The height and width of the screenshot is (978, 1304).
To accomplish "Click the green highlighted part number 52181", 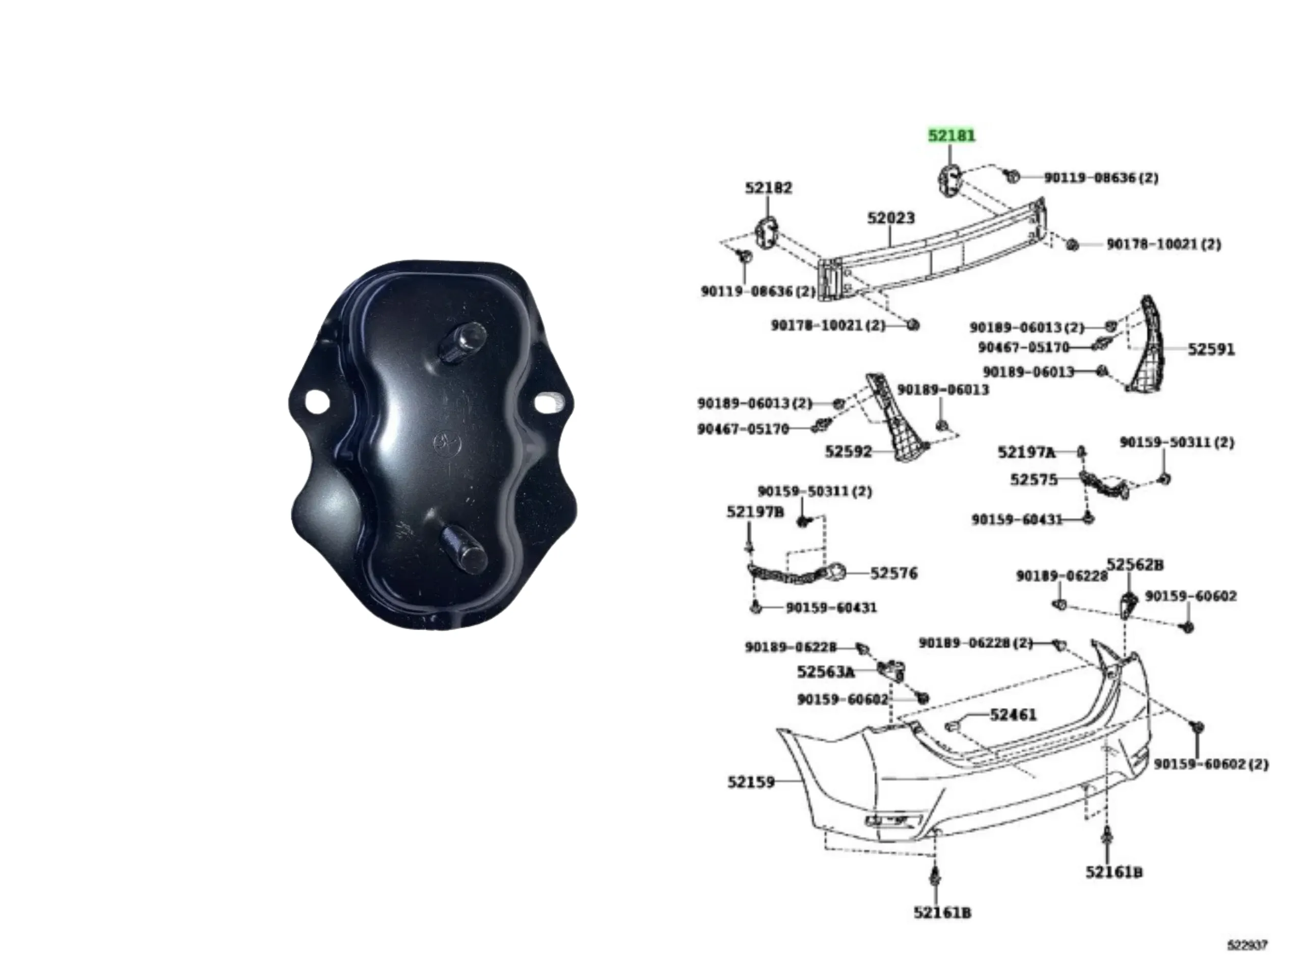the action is [952, 135].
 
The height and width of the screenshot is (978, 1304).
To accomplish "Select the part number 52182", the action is [768, 187].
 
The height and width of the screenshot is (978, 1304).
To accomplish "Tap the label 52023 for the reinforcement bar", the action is [891, 218].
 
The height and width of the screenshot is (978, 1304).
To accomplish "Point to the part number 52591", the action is [1211, 349].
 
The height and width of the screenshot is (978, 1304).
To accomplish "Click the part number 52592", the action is [848, 452].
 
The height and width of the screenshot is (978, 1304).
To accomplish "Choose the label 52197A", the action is [1026, 452].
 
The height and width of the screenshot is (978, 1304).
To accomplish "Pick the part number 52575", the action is [1034, 479].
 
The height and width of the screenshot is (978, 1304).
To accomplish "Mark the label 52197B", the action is [755, 512].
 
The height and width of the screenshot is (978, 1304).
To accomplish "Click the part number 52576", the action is [894, 573].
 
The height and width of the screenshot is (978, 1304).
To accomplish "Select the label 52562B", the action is [1135, 565].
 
